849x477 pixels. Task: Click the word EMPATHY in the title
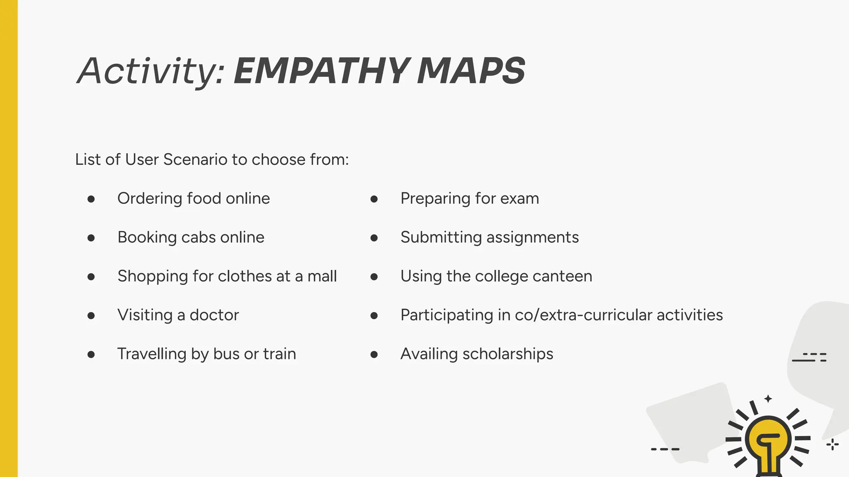point(322,71)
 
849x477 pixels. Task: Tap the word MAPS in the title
point(471,71)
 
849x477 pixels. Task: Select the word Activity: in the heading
point(151,71)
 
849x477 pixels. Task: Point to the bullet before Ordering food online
point(91,199)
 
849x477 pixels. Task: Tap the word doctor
point(214,315)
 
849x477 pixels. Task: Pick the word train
point(279,354)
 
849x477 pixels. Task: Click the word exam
point(519,198)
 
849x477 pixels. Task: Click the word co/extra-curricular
point(583,315)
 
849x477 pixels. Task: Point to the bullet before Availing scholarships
point(374,354)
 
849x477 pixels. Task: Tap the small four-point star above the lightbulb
point(768,399)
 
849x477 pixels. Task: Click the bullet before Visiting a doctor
point(91,316)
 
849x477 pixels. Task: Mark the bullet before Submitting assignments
point(374,238)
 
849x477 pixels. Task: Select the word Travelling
point(152,354)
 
